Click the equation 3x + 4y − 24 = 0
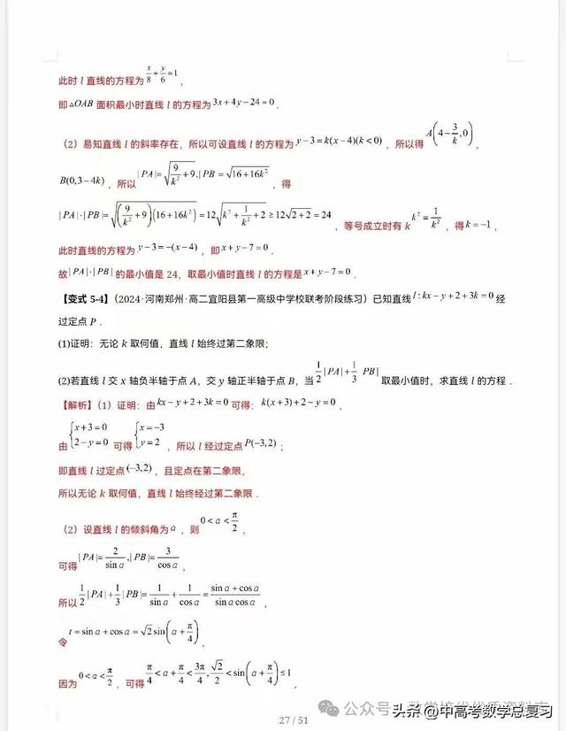pos(245,103)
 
